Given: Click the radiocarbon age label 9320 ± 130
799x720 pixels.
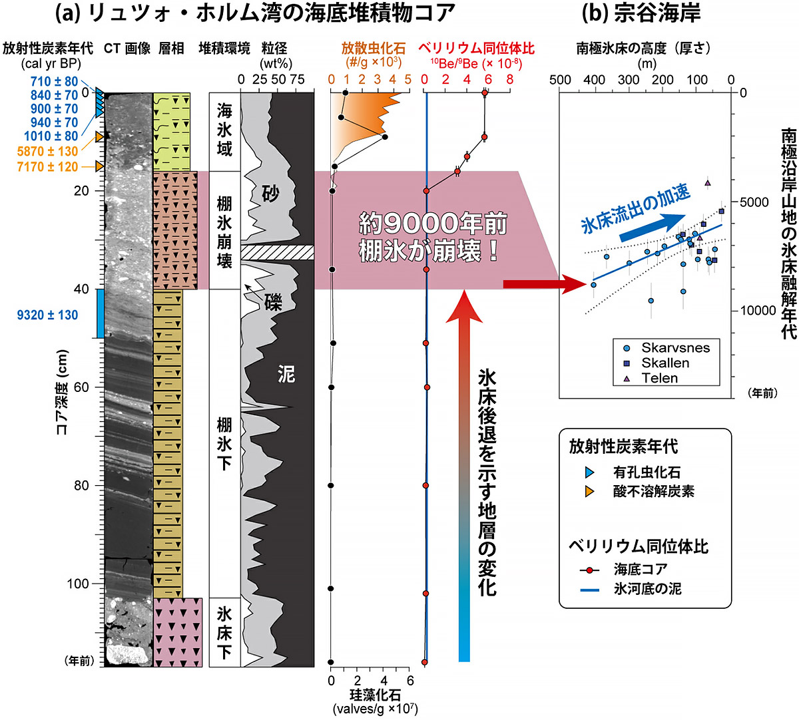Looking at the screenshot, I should point(47,315).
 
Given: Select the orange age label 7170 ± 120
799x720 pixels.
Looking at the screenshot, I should point(47,167).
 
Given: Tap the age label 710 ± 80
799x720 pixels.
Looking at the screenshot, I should point(54,82).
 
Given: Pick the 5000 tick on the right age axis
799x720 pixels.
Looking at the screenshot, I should point(758,202).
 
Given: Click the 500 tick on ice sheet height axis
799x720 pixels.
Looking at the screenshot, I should point(561,80).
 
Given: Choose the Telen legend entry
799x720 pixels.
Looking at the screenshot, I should point(659,378).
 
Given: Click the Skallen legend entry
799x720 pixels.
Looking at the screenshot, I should point(665,363).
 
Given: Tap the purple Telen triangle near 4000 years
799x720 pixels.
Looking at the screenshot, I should point(708,183).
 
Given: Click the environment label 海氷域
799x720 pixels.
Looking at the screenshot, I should point(224,130).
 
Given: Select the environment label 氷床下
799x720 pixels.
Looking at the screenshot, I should point(224,632).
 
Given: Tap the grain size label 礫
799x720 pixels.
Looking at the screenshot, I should point(273,303).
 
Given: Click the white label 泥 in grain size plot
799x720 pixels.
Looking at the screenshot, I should point(286,375).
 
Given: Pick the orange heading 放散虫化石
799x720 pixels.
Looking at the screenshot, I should point(373,49).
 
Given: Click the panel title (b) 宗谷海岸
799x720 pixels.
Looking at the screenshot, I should point(641,14).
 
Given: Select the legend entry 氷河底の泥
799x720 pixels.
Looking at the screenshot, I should point(647,589).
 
